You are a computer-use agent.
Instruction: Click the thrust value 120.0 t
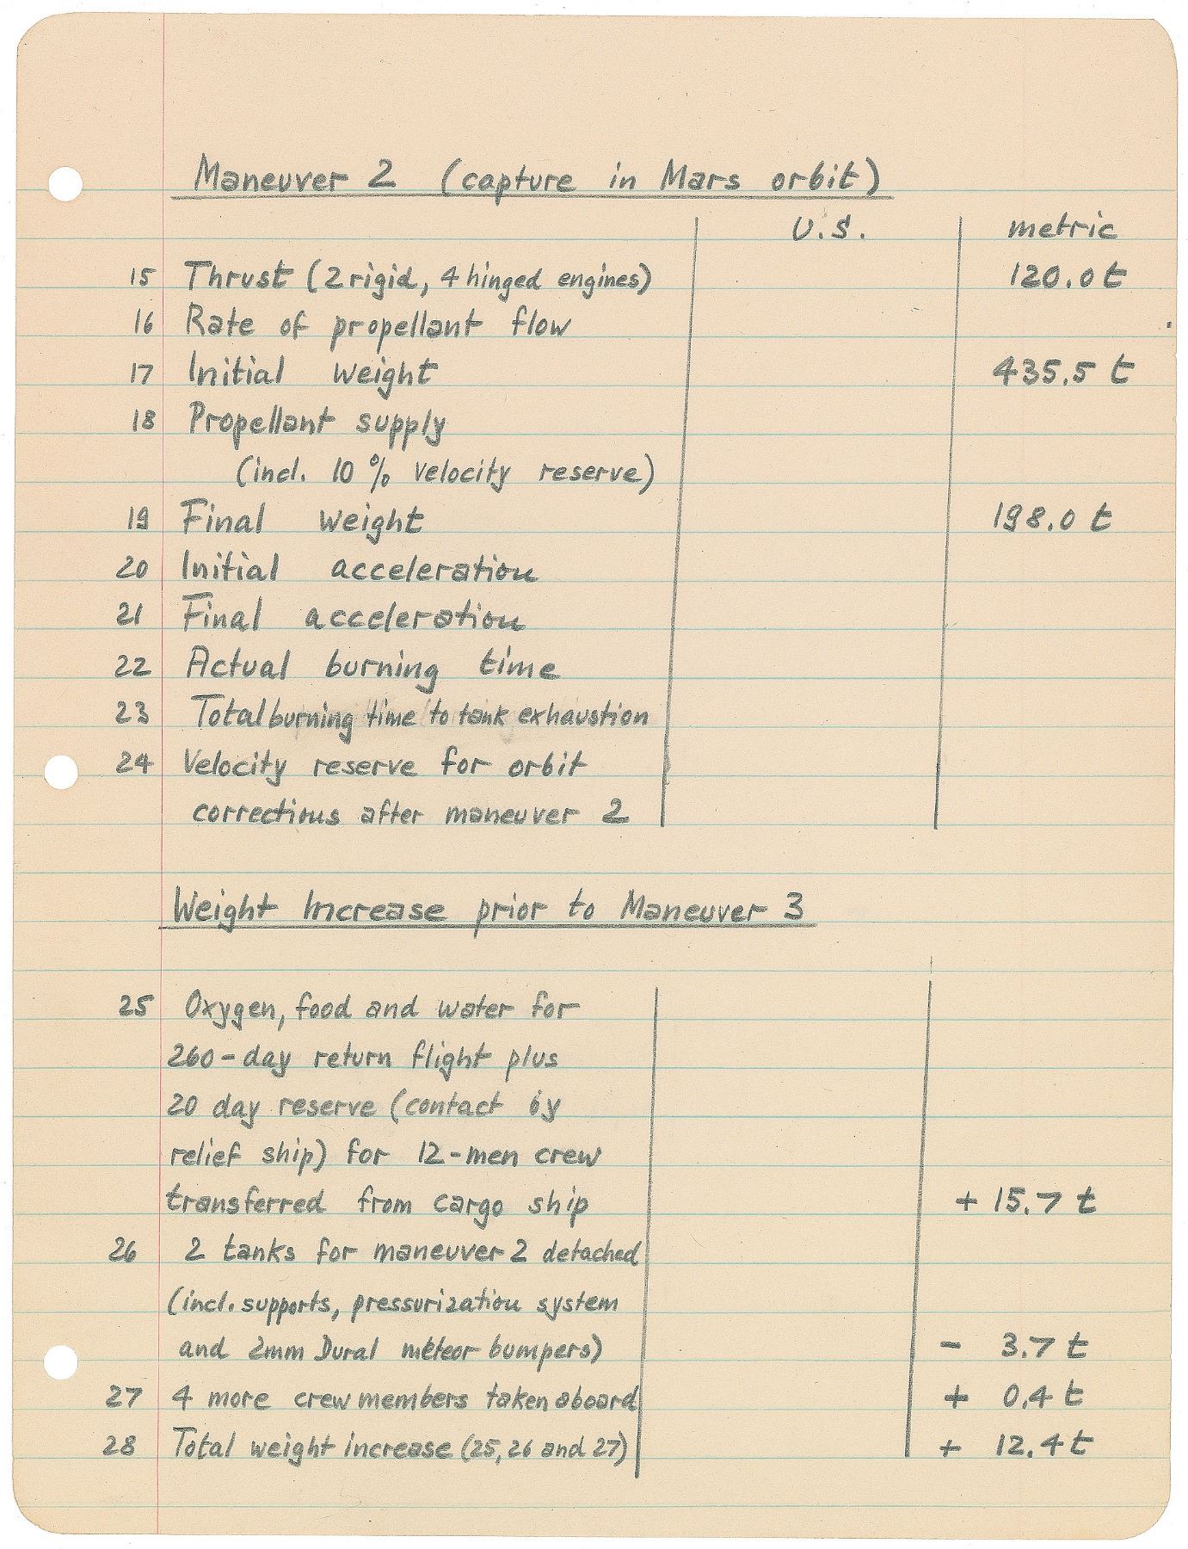point(1066,277)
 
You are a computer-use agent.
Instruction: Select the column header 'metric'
point(1061,229)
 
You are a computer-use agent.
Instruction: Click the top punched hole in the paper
point(65,183)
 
